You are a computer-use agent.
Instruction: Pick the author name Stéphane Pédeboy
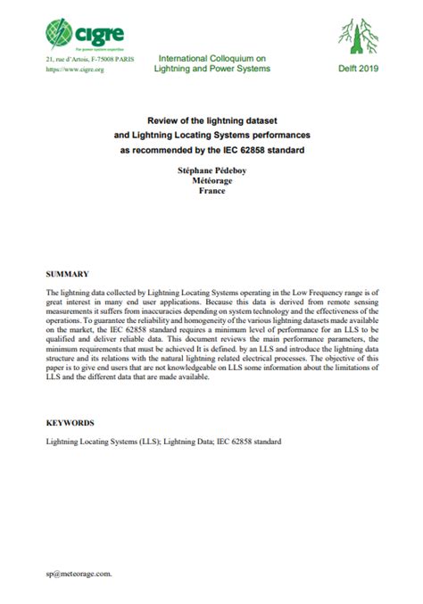211,170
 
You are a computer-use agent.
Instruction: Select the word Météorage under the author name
211,180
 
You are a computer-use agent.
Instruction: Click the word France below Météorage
211,191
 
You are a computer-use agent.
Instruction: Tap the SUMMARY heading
67,272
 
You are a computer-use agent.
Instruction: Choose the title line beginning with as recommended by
211,149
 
